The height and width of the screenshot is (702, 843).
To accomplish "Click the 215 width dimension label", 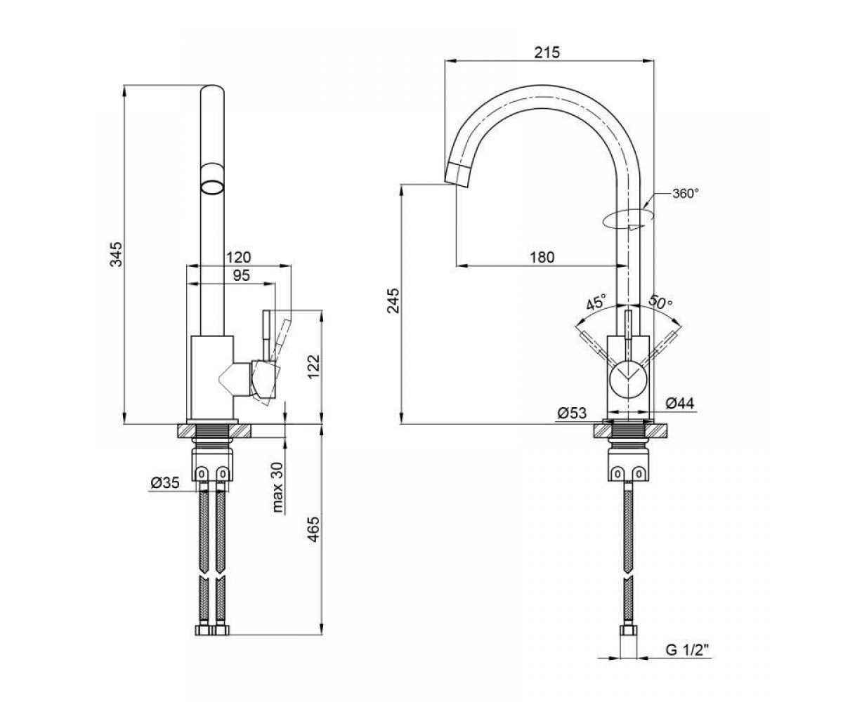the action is (x=549, y=53).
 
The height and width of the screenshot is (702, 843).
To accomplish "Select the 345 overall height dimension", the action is (x=117, y=254).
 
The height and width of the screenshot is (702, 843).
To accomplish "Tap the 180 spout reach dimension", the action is (x=542, y=257).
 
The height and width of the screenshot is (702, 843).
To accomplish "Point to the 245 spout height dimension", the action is (x=393, y=300).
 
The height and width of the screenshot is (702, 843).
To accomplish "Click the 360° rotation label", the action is (x=686, y=193).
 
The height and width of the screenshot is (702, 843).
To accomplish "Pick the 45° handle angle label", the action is (x=596, y=301).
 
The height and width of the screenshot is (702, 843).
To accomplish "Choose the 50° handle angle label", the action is (x=660, y=301).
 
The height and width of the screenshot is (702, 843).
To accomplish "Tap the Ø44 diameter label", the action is (x=680, y=403).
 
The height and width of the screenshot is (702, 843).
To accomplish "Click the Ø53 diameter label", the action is (x=572, y=413).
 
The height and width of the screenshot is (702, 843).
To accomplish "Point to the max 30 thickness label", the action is (x=277, y=487).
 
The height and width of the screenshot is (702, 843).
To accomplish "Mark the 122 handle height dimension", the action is (x=313, y=366).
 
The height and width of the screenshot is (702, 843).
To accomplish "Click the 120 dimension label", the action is (x=239, y=257).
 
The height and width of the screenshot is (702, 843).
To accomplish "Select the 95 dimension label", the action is (x=242, y=276).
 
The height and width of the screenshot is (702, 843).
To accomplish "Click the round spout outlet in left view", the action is (x=212, y=188).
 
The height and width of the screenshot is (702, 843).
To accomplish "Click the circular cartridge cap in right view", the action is (x=628, y=379).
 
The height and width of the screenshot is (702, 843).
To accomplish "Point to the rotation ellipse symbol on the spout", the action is (x=627, y=218).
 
